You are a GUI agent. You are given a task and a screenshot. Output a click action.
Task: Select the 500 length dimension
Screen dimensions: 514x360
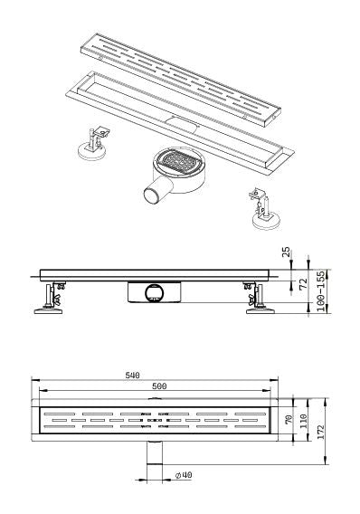click(158, 386)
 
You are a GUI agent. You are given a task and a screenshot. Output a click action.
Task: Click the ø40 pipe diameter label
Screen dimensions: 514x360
click(184, 474)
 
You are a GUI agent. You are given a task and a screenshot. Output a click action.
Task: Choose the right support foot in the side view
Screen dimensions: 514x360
click(257, 300)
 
